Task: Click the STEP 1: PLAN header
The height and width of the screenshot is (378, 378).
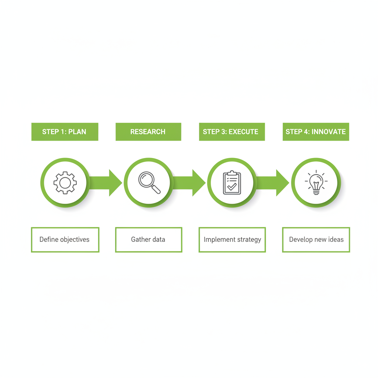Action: point(65,132)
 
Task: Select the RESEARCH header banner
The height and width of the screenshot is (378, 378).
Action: point(148,132)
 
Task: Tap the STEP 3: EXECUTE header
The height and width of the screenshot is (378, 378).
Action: point(232,132)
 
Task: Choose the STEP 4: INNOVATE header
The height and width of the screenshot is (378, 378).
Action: point(316,132)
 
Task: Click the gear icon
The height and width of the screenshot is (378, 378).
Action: point(65,183)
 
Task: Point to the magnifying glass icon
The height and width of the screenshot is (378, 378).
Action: point(150,182)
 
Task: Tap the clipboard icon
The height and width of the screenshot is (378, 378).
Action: point(232,182)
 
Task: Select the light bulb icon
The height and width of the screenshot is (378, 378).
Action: point(316,182)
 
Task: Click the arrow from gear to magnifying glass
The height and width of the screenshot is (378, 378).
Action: point(106,183)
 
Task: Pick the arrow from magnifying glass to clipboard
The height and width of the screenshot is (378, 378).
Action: point(189,183)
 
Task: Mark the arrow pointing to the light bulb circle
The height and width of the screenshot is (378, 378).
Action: point(273,183)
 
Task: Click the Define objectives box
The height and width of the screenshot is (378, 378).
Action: point(65,240)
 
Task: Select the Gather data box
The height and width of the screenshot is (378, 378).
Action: point(148,240)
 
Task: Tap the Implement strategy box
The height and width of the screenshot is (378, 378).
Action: point(232,240)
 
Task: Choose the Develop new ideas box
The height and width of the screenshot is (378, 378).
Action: point(316,240)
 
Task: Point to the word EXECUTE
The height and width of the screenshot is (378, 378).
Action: point(243,132)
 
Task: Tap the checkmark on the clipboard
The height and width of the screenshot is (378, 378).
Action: point(232,186)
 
